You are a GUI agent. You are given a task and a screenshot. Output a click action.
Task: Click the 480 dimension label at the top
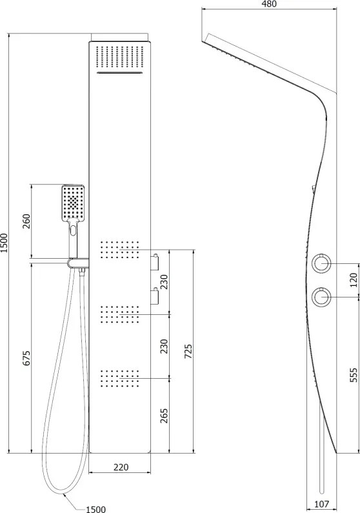point(269,4)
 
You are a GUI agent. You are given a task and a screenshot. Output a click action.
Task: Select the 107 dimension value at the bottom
point(321,504)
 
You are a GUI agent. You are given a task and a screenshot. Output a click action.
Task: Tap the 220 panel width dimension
point(121,467)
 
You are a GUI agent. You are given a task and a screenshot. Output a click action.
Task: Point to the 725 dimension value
point(188,351)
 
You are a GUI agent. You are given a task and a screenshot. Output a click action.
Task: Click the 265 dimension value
point(164,416)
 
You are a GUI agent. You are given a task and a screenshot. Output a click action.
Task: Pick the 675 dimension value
point(26,358)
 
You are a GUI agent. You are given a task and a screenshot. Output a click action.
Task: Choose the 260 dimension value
point(26,221)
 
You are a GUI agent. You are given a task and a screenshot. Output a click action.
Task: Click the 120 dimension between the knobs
point(354,280)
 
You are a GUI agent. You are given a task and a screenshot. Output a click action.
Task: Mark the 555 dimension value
point(354,375)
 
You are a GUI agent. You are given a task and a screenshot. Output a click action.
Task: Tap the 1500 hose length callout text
point(95,509)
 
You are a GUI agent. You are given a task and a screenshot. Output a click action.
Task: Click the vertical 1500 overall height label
point(4,243)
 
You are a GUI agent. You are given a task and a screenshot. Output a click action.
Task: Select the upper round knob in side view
point(321,263)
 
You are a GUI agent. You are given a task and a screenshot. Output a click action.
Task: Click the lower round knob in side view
point(321,297)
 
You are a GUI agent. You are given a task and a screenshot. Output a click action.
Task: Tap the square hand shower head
point(73,203)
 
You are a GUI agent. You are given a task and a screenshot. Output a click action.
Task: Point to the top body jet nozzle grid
point(119,250)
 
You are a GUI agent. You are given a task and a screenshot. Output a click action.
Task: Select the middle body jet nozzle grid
point(119,314)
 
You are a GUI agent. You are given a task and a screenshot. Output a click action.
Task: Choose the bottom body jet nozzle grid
point(119,379)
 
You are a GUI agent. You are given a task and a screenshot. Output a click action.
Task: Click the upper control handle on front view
point(155,262)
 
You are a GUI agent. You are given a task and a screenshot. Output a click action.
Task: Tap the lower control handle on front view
point(155,296)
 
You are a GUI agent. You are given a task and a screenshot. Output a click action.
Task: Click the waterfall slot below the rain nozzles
point(120,73)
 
